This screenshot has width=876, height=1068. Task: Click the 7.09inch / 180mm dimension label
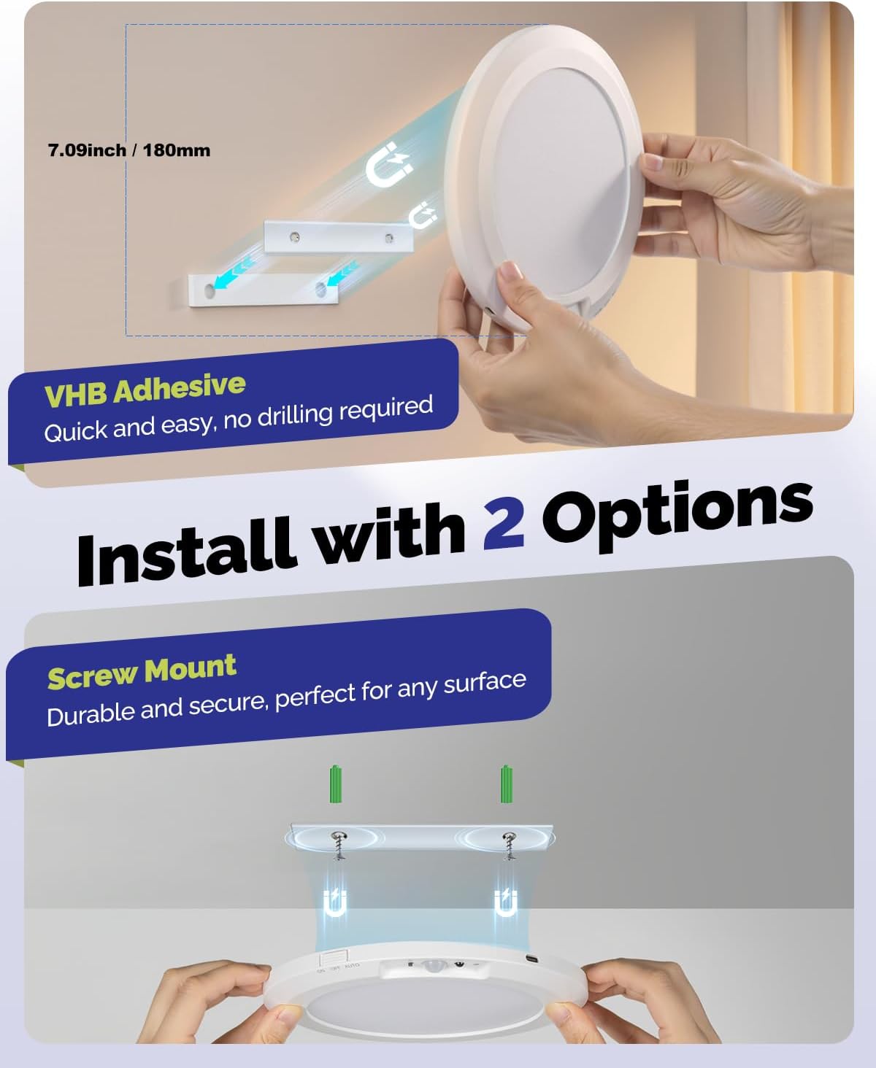pyautogui.click(x=129, y=150)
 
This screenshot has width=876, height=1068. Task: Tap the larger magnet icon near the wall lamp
pyautogui.click(x=388, y=166)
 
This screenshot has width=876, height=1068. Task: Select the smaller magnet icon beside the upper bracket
pyautogui.click(x=423, y=216)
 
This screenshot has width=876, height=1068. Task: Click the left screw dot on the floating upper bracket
pyautogui.click(x=293, y=236)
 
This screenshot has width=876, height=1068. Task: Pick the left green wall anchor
pyautogui.click(x=336, y=784)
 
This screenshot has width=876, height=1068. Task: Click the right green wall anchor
pyautogui.click(x=506, y=784)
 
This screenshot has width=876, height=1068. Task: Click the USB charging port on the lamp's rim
pyautogui.click(x=529, y=960)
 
